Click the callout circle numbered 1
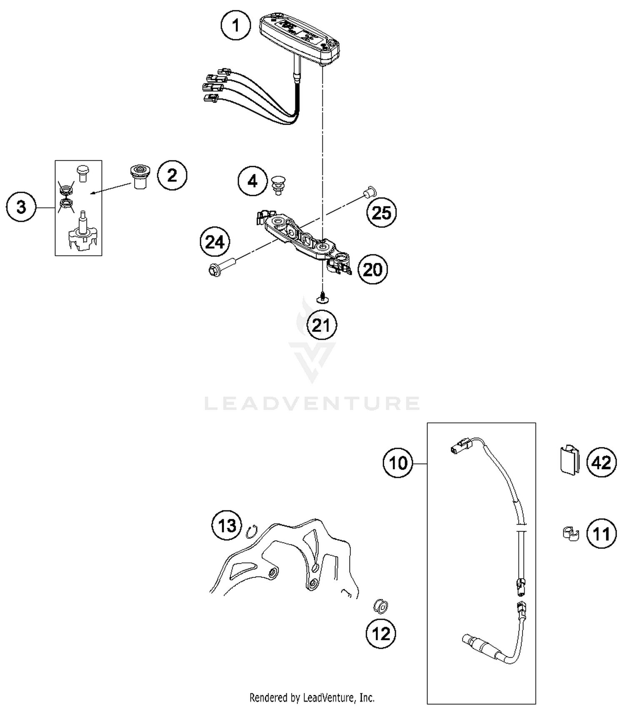click(x=236, y=25)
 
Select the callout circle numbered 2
click(x=172, y=175)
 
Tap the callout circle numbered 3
click(x=21, y=207)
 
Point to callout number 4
click(x=252, y=181)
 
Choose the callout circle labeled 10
click(x=398, y=463)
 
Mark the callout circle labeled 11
click(x=601, y=534)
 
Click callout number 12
click(x=381, y=634)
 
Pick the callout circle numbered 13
click(x=227, y=526)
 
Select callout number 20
click(x=372, y=270)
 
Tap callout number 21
click(x=321, y=325)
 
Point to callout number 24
click(x=215, y=242)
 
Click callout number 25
click(x=381, y=213)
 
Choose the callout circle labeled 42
click(x=601, y=463)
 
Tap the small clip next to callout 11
click(x=570, y=534)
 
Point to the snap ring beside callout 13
click(x=252, y=532)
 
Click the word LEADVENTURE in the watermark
click(x=312, y=403)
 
